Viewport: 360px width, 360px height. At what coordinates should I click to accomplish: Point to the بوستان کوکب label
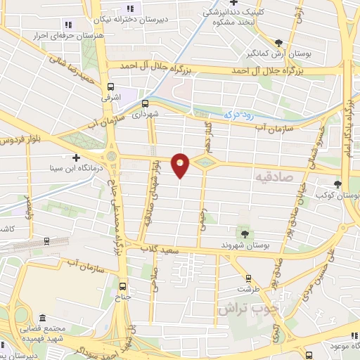coord(340,194)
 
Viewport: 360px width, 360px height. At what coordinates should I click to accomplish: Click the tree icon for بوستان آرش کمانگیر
coord(281,43)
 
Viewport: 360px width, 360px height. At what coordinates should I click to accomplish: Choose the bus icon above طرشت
coord(247,278)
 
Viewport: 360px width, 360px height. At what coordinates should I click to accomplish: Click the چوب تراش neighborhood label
coord(247,309)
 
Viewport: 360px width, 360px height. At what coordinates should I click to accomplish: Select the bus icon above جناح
coord(124,285)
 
